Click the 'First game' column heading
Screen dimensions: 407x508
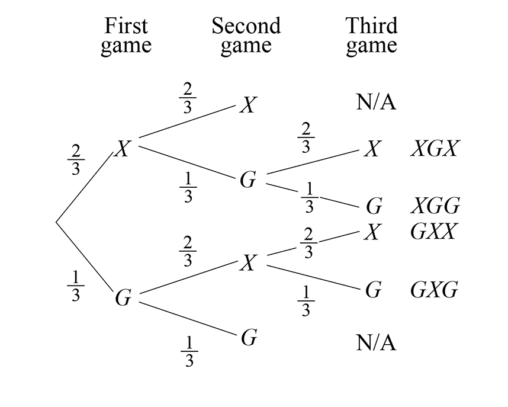click(x=126, y=36)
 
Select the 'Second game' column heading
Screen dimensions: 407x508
click(x=246, y=36)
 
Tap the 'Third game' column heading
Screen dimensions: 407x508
click(x=371, y=36)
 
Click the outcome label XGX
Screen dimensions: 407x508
click(x=434, y=149)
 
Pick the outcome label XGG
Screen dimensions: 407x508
click(x=435, y=206)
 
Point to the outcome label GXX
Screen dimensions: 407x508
click(x=433, y=232)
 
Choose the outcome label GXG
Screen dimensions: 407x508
click(x=434, y=290)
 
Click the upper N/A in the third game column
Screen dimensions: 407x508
click(x=376, y=102)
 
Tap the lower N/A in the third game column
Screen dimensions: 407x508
click(x=376, y=342)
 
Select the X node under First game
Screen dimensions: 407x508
click(x=122, y=149)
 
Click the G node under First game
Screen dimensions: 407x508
click(x=123, y=298)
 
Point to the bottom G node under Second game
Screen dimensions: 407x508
click(x=249, y=338)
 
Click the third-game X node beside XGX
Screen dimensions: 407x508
click(x=372, y=149)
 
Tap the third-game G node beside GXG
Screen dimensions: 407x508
click(x=373, y=290)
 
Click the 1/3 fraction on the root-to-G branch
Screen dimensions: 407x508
click(x=75, y=286)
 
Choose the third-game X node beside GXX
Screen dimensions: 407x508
click(x=372, y=232)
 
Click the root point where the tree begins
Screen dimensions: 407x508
click(x=56, y=223)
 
